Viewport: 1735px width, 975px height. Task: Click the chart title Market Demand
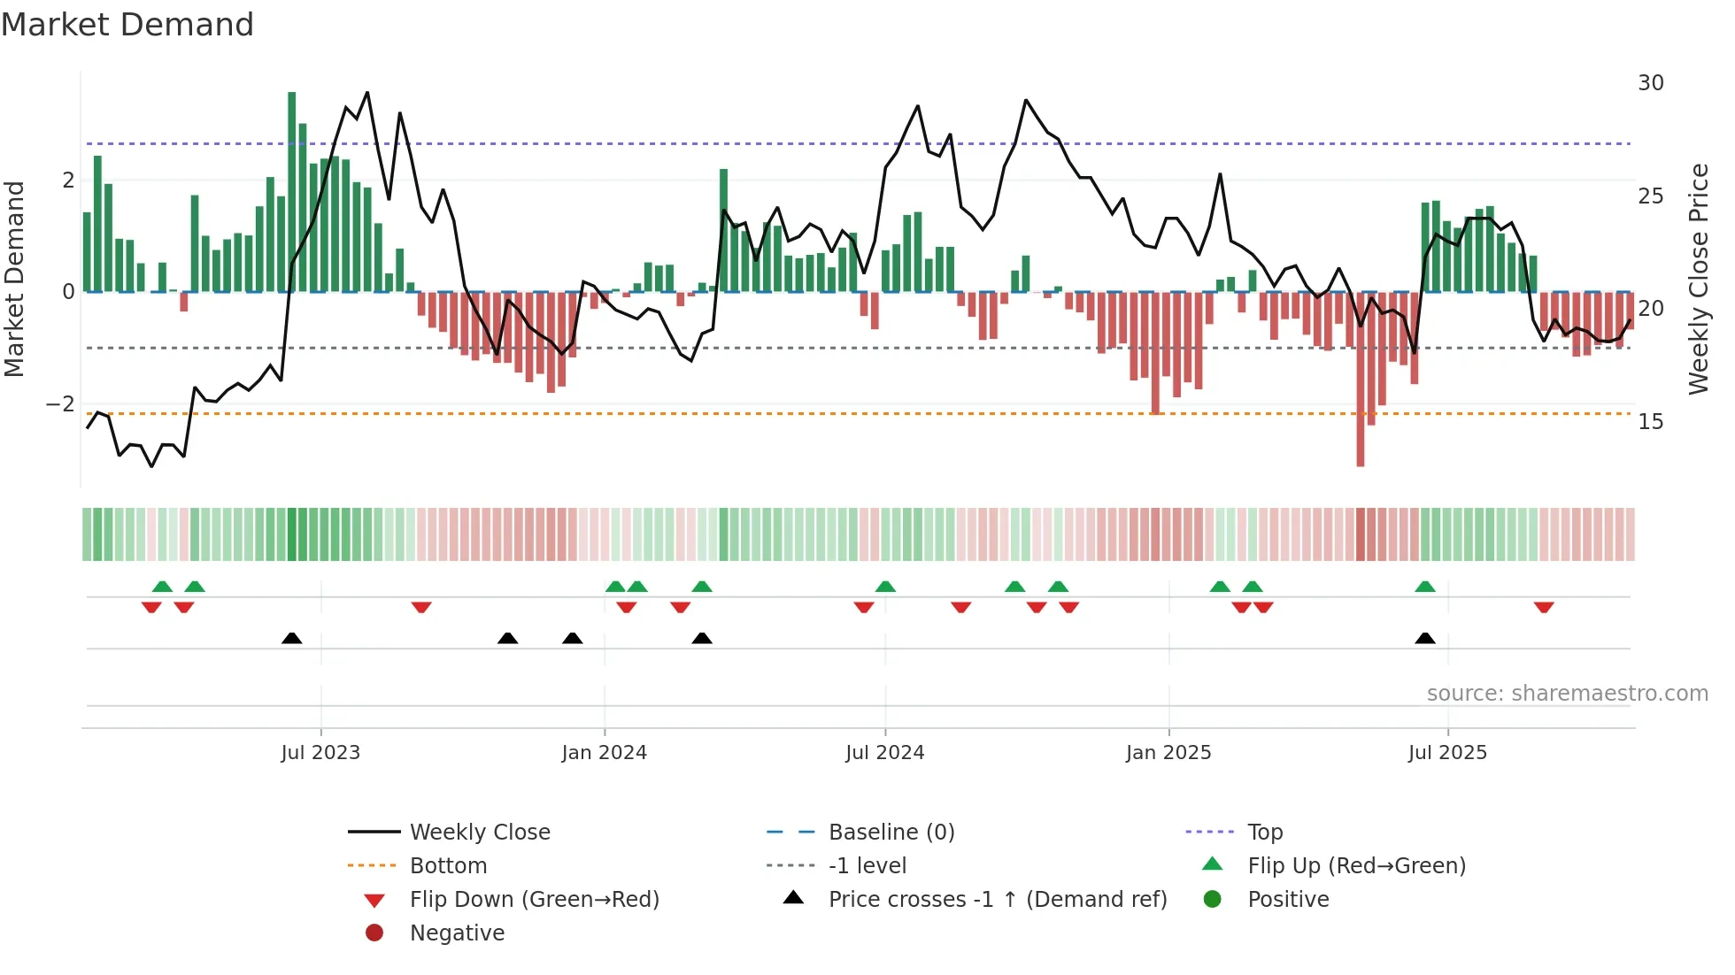pos(127,25)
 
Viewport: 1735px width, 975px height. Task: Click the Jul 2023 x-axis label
pos(320,753)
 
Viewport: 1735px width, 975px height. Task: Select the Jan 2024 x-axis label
pos(604,753)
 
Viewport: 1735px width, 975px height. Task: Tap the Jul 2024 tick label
pos(884,753)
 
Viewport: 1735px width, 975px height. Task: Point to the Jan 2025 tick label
pos(1168,753)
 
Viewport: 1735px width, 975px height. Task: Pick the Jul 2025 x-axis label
pos(1447,753)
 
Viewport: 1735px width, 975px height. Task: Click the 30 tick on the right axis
pos(1650,83)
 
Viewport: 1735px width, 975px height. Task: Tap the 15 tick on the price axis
pos(1650,422)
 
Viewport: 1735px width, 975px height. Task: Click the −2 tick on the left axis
pos(60,404)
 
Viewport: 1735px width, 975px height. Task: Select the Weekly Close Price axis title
pos(1698,279)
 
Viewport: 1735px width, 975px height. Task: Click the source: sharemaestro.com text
pos(1567,694)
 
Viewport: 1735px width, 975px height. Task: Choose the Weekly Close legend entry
pos(479,833)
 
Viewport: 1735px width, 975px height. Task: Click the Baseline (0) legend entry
pos(891,833)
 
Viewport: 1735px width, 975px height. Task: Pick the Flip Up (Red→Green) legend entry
pos(1355,866)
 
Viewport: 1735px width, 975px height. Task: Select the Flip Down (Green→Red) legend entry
pos(534,900)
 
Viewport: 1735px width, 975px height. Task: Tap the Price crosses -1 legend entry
pos(997,900)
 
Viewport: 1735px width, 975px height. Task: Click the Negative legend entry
pos(457,933)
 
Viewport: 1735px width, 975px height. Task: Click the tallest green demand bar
pos(292,190)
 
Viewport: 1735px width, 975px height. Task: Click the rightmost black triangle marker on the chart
pos(1425,639)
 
